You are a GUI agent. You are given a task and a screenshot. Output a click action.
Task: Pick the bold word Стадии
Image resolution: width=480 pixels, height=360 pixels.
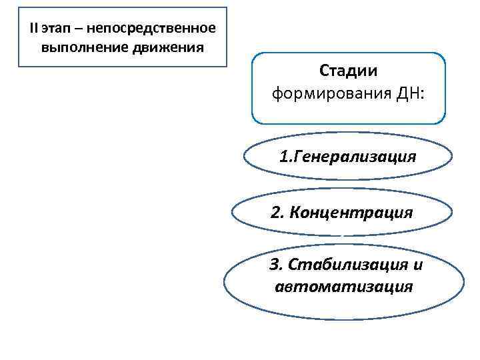tap(349, 70)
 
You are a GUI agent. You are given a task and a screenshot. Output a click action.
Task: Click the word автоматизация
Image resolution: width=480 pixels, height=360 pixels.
tap(343, 287)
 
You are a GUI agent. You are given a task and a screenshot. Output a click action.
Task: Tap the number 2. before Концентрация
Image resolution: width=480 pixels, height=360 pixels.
tap(278, 213)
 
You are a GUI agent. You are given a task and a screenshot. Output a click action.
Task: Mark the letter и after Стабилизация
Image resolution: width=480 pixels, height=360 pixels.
tap(418, 265)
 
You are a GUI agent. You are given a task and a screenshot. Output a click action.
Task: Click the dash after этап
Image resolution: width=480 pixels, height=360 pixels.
tap(77, 30)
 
